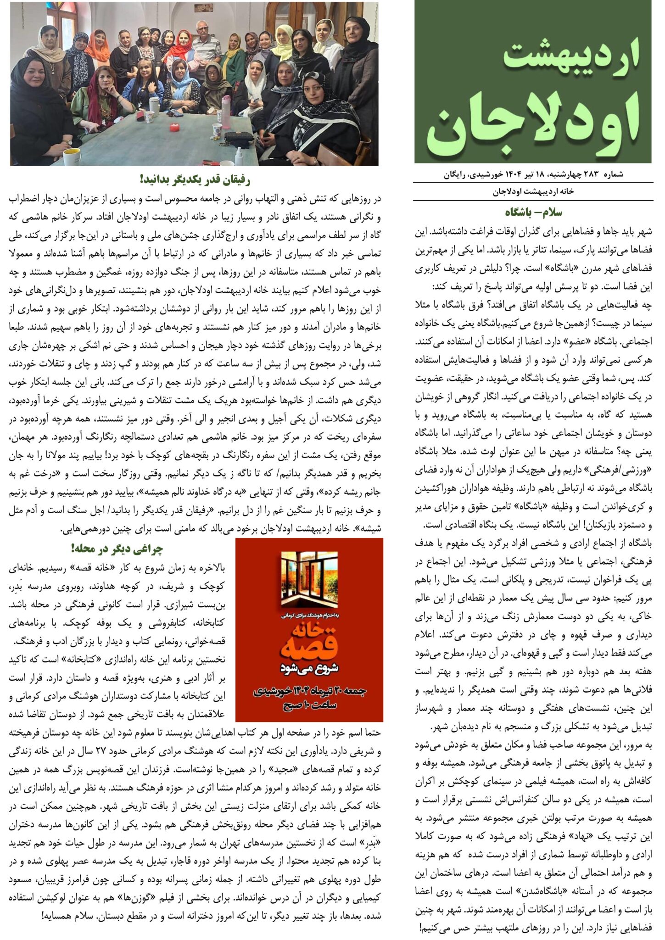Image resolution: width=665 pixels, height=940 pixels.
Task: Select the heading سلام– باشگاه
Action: click(533, 212)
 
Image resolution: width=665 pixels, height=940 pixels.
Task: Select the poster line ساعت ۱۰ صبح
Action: click(309, 705)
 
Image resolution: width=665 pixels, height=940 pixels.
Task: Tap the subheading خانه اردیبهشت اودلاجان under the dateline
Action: click(533, 192)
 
